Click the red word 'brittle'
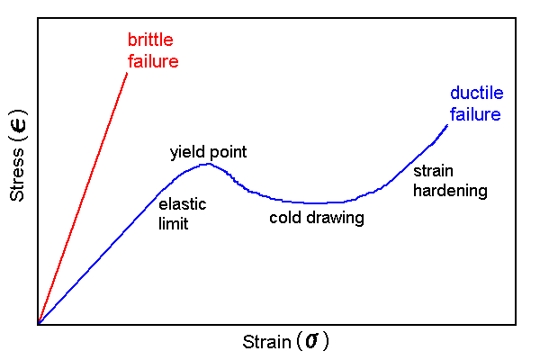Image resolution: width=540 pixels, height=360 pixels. click(x=150, y=40)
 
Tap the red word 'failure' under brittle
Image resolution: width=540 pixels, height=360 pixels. click(x=153, y=61)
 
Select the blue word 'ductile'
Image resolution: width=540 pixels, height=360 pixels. click(x=477, y=93)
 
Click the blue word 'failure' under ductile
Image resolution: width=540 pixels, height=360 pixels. click(x=475, y=114)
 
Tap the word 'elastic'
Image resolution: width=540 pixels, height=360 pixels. click(x=182, y=204)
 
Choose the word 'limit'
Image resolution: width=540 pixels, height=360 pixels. click(x=173, y=224)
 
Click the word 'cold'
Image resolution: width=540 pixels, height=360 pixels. click(x=284, y=218)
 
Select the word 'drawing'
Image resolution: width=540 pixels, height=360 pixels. click(x=335, y=219)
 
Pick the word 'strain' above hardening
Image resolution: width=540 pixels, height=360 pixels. click(x=433, y=171)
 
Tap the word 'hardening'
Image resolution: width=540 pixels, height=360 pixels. click(x=450, y=191)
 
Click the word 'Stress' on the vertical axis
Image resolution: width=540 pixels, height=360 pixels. click(x=17, y=175)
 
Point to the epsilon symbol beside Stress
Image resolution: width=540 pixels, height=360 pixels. click(x=18, y=126)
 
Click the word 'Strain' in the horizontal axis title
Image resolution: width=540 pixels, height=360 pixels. click(x=266, y=342)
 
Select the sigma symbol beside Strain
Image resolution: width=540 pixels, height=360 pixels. click(x=312, y=341)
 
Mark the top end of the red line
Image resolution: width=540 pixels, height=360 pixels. click(x=127, y=73)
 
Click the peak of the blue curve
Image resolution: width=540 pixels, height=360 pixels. click(x=209, y=164)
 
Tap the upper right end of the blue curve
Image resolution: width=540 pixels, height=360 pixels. click(x=447, y=125)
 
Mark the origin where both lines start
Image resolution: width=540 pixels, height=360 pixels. click(x=39, y=323)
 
